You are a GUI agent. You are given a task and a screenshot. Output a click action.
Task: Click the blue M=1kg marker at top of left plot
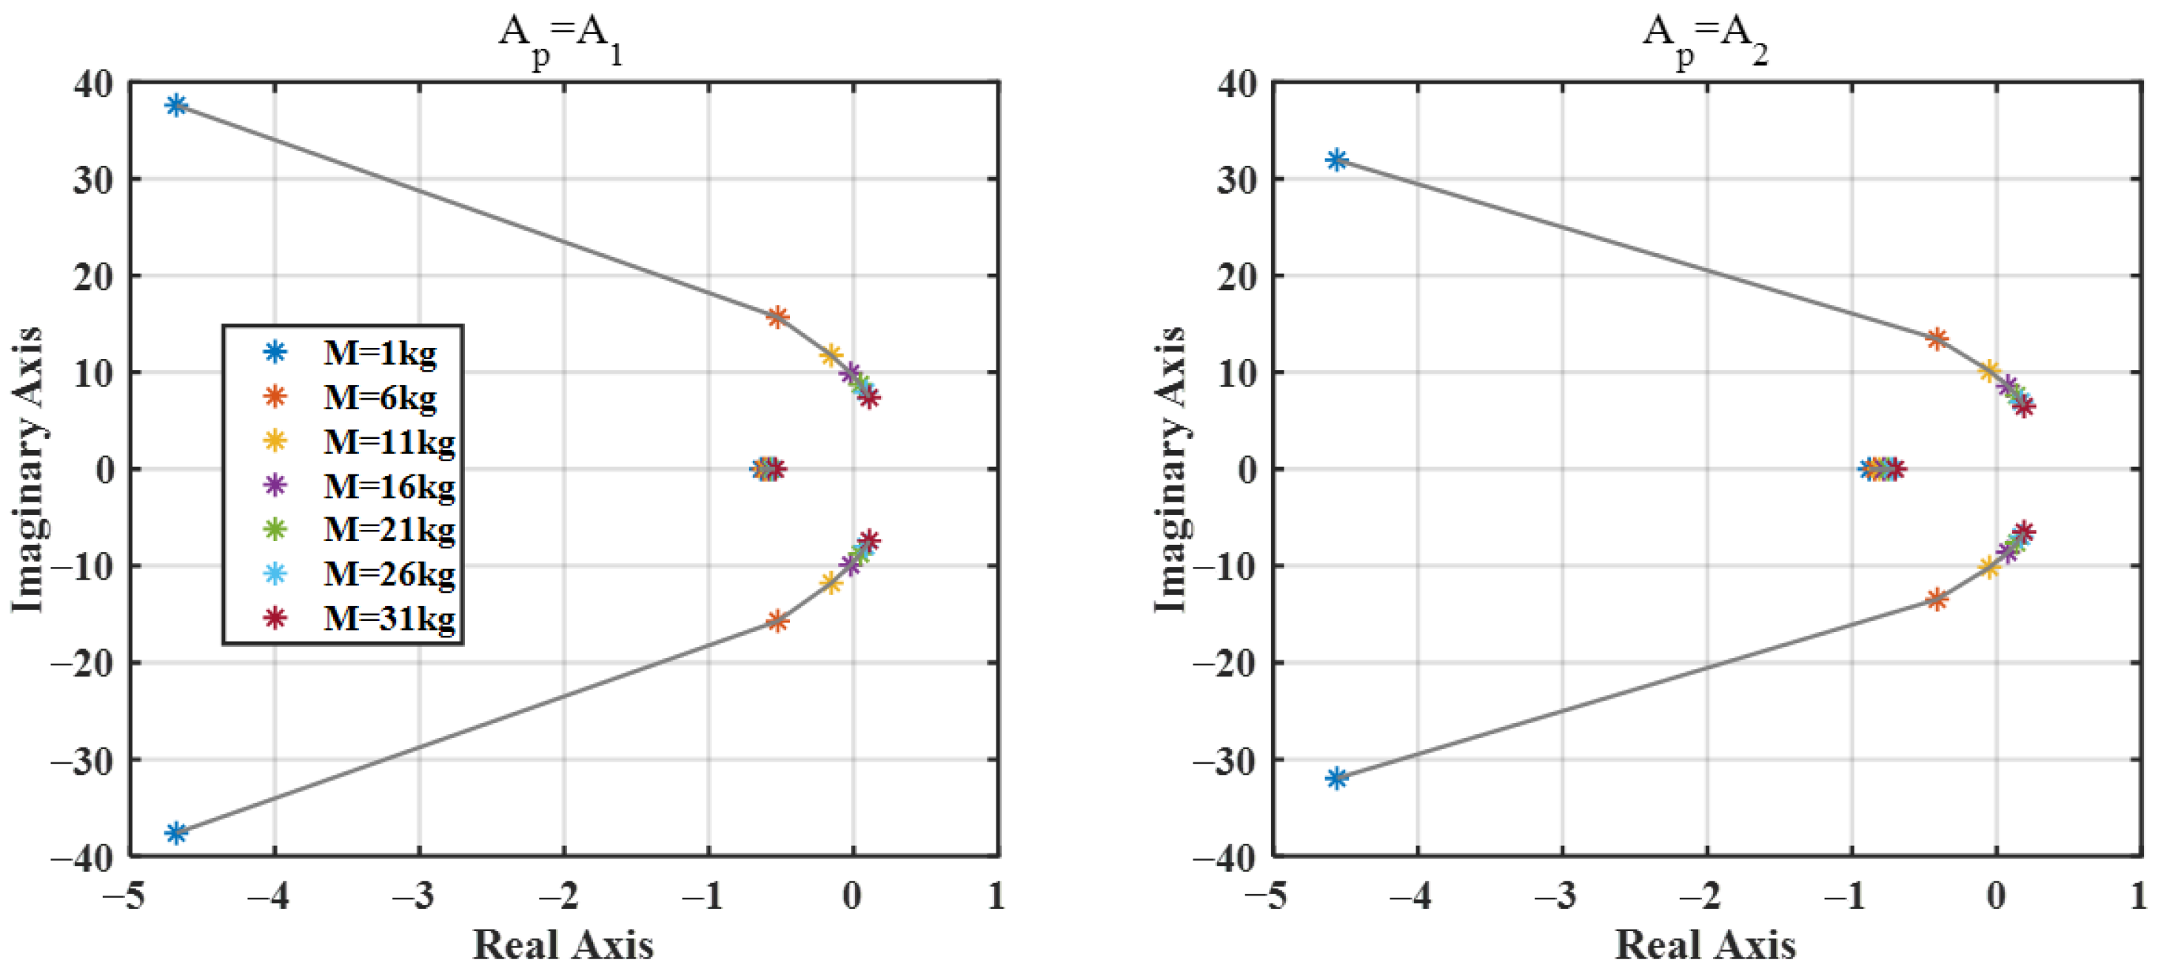[x=176, y=104]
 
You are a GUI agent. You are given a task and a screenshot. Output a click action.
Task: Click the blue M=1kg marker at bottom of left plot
[x=176, y=833]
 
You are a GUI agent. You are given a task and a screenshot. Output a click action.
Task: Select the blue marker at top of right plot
[x=1337, y=159]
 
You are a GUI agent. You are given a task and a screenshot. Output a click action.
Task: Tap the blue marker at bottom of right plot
[x=1337, y=778]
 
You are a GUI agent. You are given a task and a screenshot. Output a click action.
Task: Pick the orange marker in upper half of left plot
[x=777, y=317]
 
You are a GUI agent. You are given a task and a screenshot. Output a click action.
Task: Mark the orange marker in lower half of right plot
[x=1936, y=599]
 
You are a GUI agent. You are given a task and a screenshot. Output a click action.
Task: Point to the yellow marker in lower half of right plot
[x=1988, y=567]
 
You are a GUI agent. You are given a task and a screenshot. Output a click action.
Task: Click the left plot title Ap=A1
[x=560, y=37]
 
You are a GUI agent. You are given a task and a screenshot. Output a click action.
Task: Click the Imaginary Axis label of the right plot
[x=1170, y=469]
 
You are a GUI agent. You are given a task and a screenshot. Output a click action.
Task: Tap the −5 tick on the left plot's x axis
[x=123, y=896]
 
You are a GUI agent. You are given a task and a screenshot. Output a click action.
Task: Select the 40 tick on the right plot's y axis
[x=1237, y=84]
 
